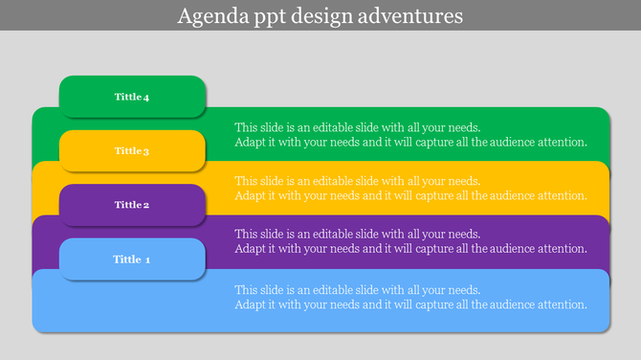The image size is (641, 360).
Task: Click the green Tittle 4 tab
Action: [x=132, y=97]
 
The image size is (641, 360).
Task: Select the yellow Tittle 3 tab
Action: [x=132, y=150]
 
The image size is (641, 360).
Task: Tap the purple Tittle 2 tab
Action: [x=132, y=204]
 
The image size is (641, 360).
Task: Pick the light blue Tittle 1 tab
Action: [x=132, y=259]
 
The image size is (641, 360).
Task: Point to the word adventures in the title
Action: [x=412, y=16]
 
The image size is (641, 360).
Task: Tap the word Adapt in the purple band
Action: [x=251, y=249]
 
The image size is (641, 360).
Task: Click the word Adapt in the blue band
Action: [x=251, y=304]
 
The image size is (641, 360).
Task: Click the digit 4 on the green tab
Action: [x=146, y=97]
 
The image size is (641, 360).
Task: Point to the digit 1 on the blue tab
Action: [x=147, y=259]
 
